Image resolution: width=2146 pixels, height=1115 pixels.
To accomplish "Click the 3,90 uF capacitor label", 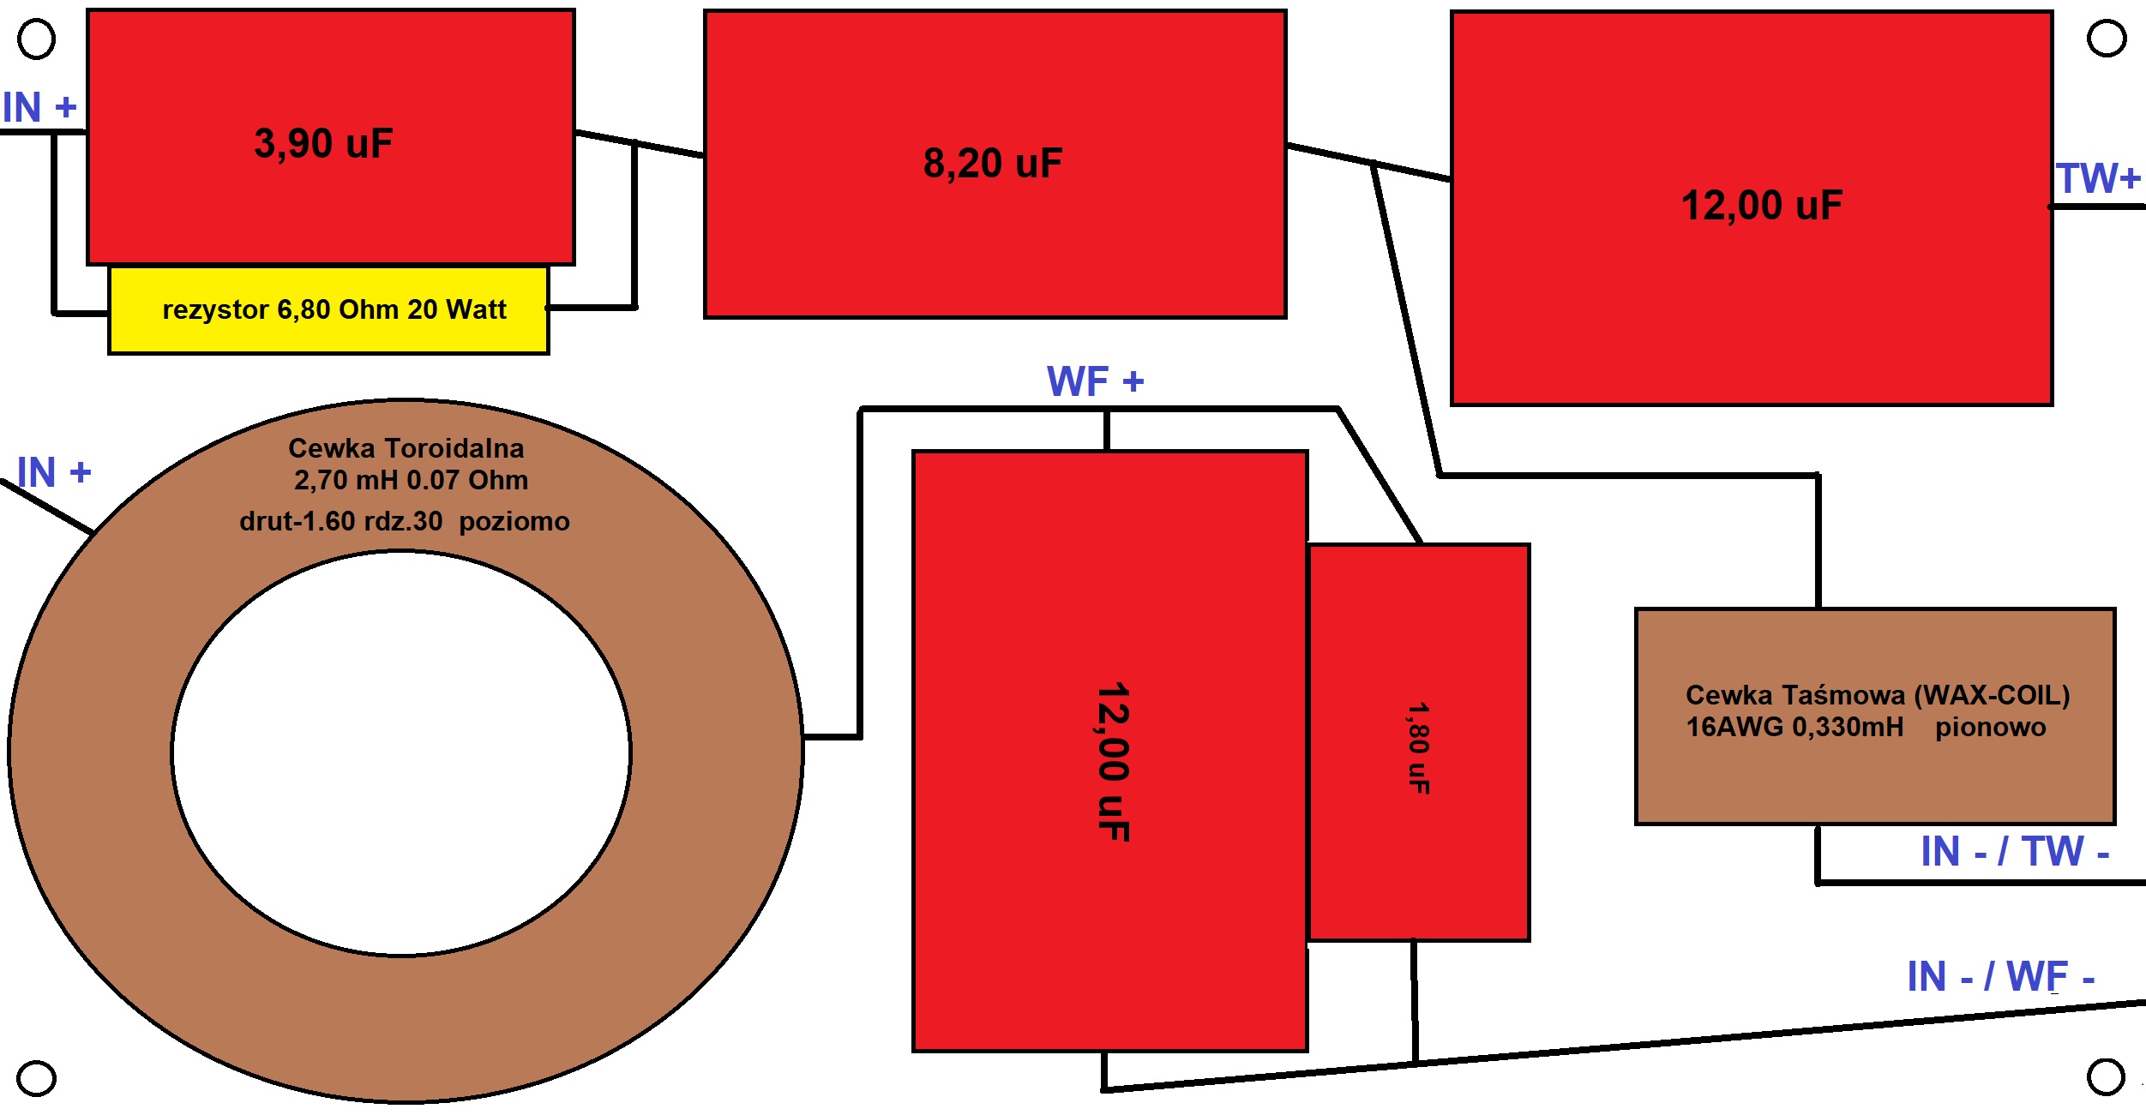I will [x=323, y=143].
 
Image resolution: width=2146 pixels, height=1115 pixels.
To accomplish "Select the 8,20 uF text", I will [x=992, y=163].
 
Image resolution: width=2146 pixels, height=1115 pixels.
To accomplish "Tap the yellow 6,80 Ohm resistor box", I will [x=328, y=309].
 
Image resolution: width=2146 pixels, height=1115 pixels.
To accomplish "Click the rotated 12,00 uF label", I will [x=1113, y=762].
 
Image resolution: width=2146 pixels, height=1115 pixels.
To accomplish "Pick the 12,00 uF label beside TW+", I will [x=1761, y=206].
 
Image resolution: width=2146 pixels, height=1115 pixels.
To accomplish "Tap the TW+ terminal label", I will [x=2097, y=178].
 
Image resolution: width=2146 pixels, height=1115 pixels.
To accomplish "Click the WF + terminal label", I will [x=1095, y=381].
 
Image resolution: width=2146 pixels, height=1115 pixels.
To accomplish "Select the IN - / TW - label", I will [x=2014, y=852].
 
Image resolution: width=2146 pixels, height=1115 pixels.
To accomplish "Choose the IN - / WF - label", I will [x=2000, y=977].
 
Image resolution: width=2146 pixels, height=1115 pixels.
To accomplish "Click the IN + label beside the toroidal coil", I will [x=53, y=472].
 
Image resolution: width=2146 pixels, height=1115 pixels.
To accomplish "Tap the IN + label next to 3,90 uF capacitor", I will [x=39, y=107].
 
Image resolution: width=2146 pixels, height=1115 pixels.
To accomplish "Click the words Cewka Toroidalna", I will [x=406, y=448].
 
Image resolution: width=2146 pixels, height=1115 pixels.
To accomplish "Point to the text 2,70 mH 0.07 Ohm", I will [x=411, y=480].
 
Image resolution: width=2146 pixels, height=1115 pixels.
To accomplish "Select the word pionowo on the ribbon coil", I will [x=1990, y=728].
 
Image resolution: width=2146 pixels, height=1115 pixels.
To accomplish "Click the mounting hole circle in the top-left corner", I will [x=36, y=39].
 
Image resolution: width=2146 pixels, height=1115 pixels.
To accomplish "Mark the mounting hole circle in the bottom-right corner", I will [x=2106, y=1077].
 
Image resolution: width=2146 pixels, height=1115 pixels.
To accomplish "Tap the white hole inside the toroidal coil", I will [x=401, y=752].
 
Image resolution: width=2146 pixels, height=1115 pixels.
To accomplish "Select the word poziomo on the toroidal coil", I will [x=514, y=521].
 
